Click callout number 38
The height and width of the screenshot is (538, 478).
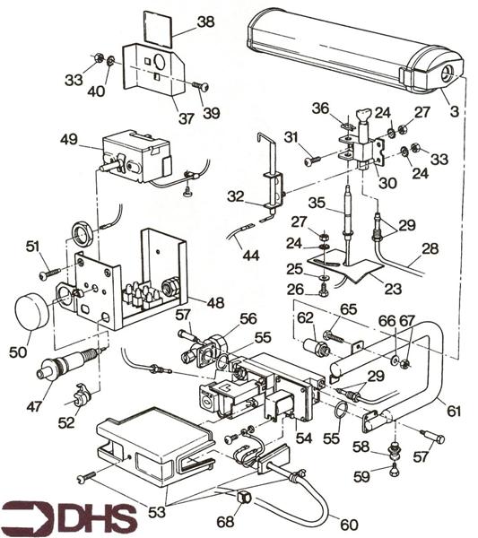point(205,22)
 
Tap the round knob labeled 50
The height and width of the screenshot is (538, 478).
point(31,311)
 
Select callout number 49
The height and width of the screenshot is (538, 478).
point(69,140)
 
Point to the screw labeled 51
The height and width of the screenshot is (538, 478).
point(50,273)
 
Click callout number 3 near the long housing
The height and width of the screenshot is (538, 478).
point(454,111)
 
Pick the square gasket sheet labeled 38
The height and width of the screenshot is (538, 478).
point(157,29)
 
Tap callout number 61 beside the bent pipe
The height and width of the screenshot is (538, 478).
point(453,411)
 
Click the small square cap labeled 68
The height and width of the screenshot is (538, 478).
point(243,497)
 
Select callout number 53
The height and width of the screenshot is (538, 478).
point(157,512)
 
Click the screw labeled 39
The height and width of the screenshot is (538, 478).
point(200,86)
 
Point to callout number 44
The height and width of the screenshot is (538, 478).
point(251,256)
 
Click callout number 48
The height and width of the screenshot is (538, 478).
point(215,303)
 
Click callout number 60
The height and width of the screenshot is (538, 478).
point(349,525)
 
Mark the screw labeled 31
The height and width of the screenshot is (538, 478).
point(312,161)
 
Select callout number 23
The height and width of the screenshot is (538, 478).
point(393,289)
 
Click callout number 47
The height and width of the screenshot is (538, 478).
point(35,406)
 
